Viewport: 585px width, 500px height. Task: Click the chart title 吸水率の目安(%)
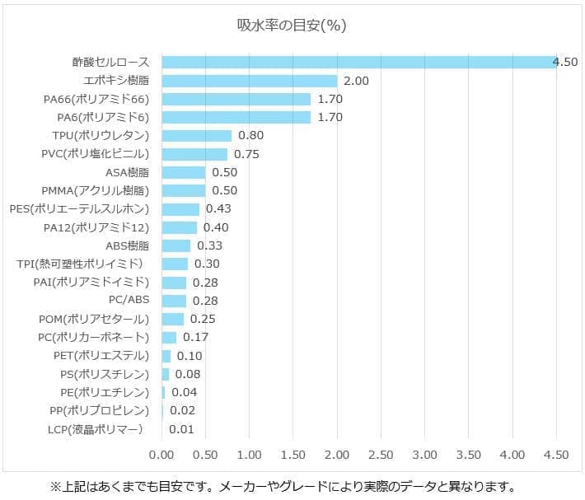pyautogui.click(x=291, y=25)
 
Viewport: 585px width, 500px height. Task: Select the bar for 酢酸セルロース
pyautogui.click(x=359, y=63)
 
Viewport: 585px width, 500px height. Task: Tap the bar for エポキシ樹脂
pyautogui.click(x=250, y=81)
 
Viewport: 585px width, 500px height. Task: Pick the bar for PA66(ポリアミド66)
pyautogui.click(x=236, y=99)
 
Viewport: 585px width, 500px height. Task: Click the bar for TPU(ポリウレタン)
pyautogui.click(x=197, y=136)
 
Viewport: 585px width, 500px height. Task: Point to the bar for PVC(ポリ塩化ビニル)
pyautogui.click(x=194, y=154)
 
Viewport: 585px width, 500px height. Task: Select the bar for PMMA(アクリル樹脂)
pyautogui.click(x=184, y=191)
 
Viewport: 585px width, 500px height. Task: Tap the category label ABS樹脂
pyautogui.click(x=128, y=245)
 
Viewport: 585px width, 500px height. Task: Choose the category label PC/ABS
pyautogui.click(x=129, y=301)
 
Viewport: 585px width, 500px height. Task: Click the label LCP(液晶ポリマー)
pyautogui.click(x=96, y=429)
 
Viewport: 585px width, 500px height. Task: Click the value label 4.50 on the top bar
pyautogui.click(x=565, y=63)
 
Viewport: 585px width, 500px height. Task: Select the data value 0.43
pyautogui.click(x=218, y=209)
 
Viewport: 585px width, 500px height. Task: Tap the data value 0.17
pyautogui.click(x=195, y=338)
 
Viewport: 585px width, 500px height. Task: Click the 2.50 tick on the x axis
pyautogui.click(x=381, y=455)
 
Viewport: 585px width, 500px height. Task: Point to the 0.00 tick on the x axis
pyautogui.click(x=161, y=455)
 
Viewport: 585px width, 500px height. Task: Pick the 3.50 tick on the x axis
pyautogui.click(x=469, y=455)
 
